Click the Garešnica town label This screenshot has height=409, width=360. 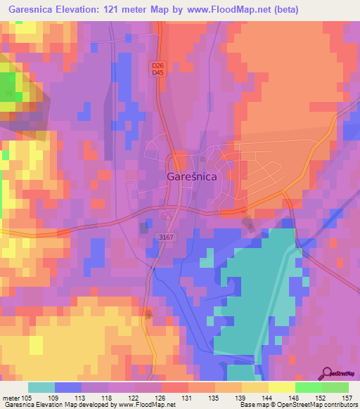[x=191, y=178]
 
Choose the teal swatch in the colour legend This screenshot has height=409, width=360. [x=41, y=387]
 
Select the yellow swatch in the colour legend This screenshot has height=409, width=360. [x=282, y=387]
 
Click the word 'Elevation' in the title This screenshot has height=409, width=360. [x=80, y=10]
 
